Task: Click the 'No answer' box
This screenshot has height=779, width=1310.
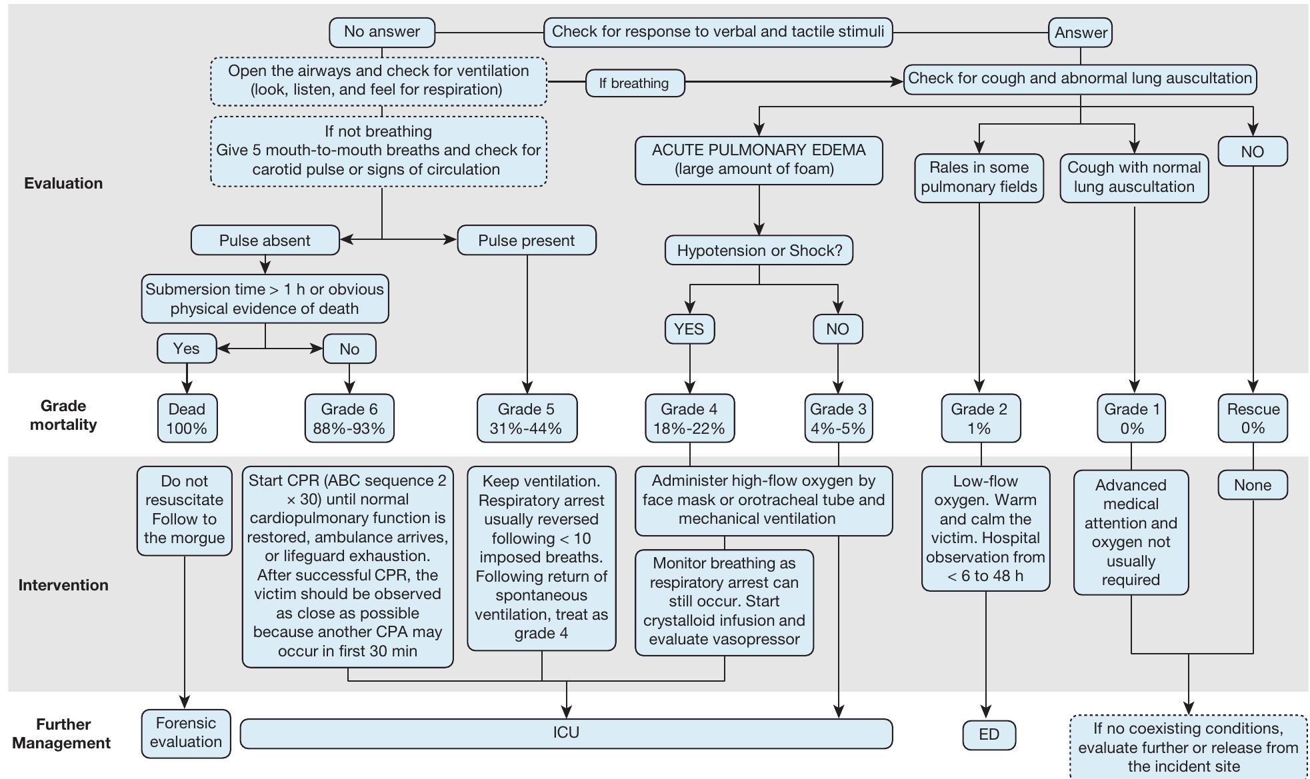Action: [x=381, y=32]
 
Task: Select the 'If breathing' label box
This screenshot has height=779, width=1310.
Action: [x=634, y=83]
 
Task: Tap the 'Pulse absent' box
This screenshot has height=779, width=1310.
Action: [x=265, y=241]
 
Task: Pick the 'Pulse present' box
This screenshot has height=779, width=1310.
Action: [x=526, y=241]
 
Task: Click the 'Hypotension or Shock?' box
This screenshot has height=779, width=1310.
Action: [x=759, y=251]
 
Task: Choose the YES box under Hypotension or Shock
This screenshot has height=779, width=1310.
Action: [x=689, y=329]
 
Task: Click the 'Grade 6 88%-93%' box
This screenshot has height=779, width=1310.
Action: [x=349, y=418]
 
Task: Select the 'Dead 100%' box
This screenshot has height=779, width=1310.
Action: [x=187, y=418]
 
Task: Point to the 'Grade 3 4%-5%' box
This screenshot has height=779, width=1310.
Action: [x=837, y=418]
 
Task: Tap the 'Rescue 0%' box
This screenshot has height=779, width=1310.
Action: [x=1252, y=418]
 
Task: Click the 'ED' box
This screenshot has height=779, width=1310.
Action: [x=989, y=734]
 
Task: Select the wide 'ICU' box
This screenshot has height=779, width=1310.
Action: [x=565, y=733]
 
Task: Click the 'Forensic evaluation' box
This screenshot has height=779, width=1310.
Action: [x=185, y=733]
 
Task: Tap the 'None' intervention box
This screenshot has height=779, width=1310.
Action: [x=1252, y=485]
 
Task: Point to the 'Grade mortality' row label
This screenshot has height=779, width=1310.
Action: [x=63, y=415]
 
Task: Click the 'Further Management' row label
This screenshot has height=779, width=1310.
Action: [x=62, y=734]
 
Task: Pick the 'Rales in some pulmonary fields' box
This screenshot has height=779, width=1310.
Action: [x=978, y=177]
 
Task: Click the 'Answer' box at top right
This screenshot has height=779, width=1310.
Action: [x=1080, y=33]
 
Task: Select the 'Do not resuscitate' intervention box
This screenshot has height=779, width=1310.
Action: [x=184, y=510]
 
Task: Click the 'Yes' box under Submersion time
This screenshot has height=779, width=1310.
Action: [x=186, y=349]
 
